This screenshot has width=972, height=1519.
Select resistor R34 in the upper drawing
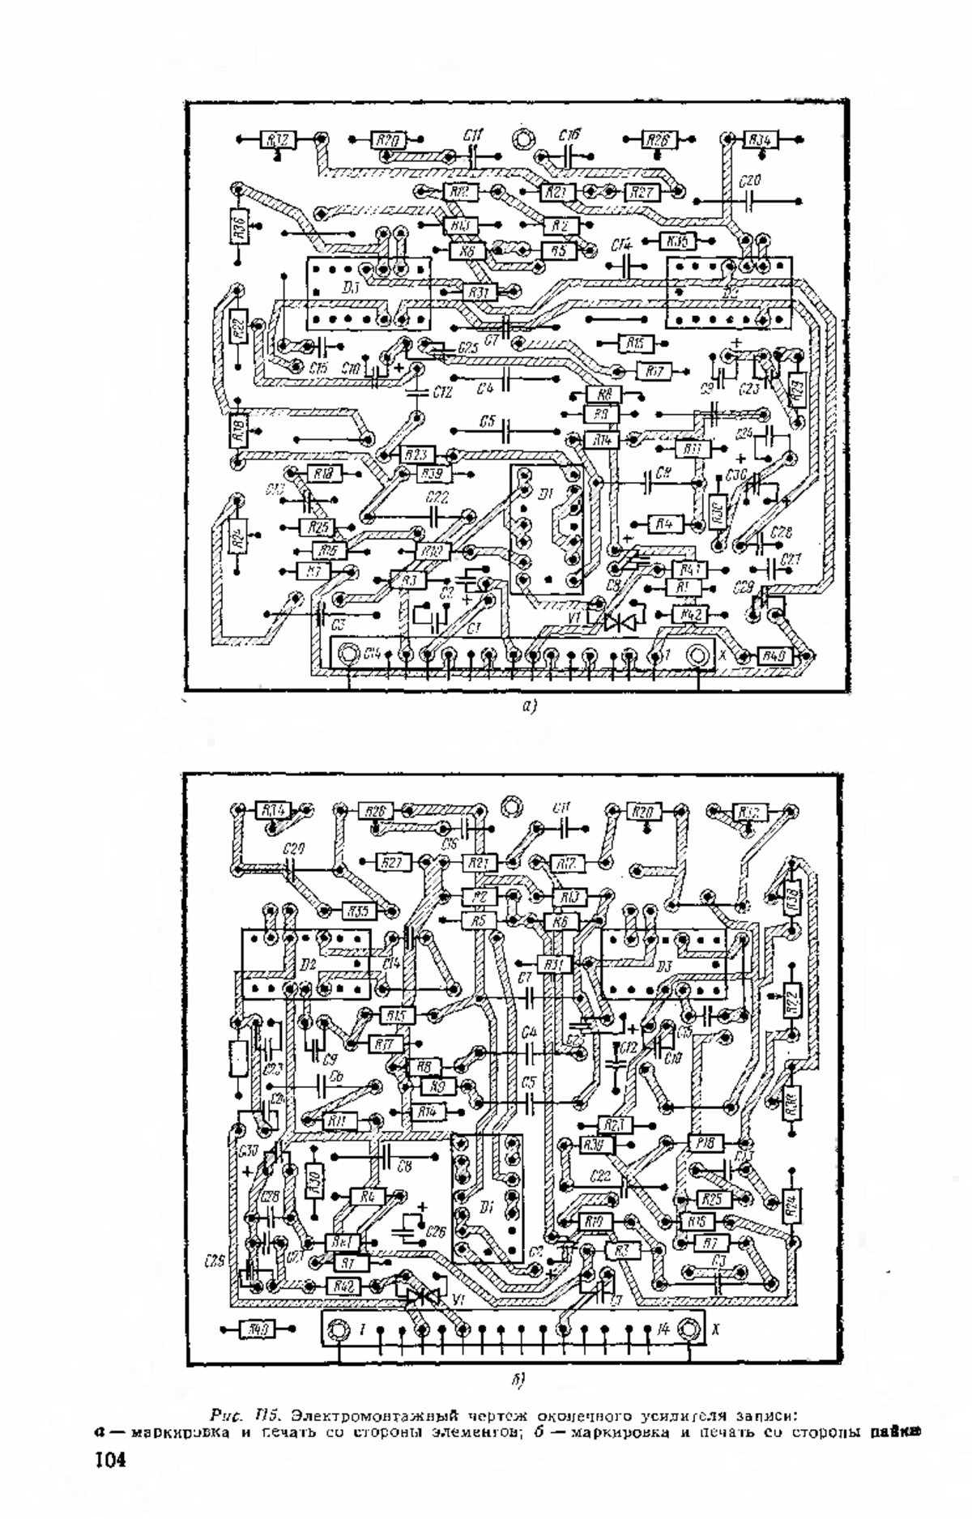[759, 140]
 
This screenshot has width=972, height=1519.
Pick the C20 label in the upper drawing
[751, 182]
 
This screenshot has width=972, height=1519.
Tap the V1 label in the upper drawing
[575, 617]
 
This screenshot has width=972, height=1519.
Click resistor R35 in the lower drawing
[358, 911]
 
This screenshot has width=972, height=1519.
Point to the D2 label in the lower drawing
[306, 966]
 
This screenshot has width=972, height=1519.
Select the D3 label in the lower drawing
[665, 966]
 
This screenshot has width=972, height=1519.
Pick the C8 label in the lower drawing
[403, 1167]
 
